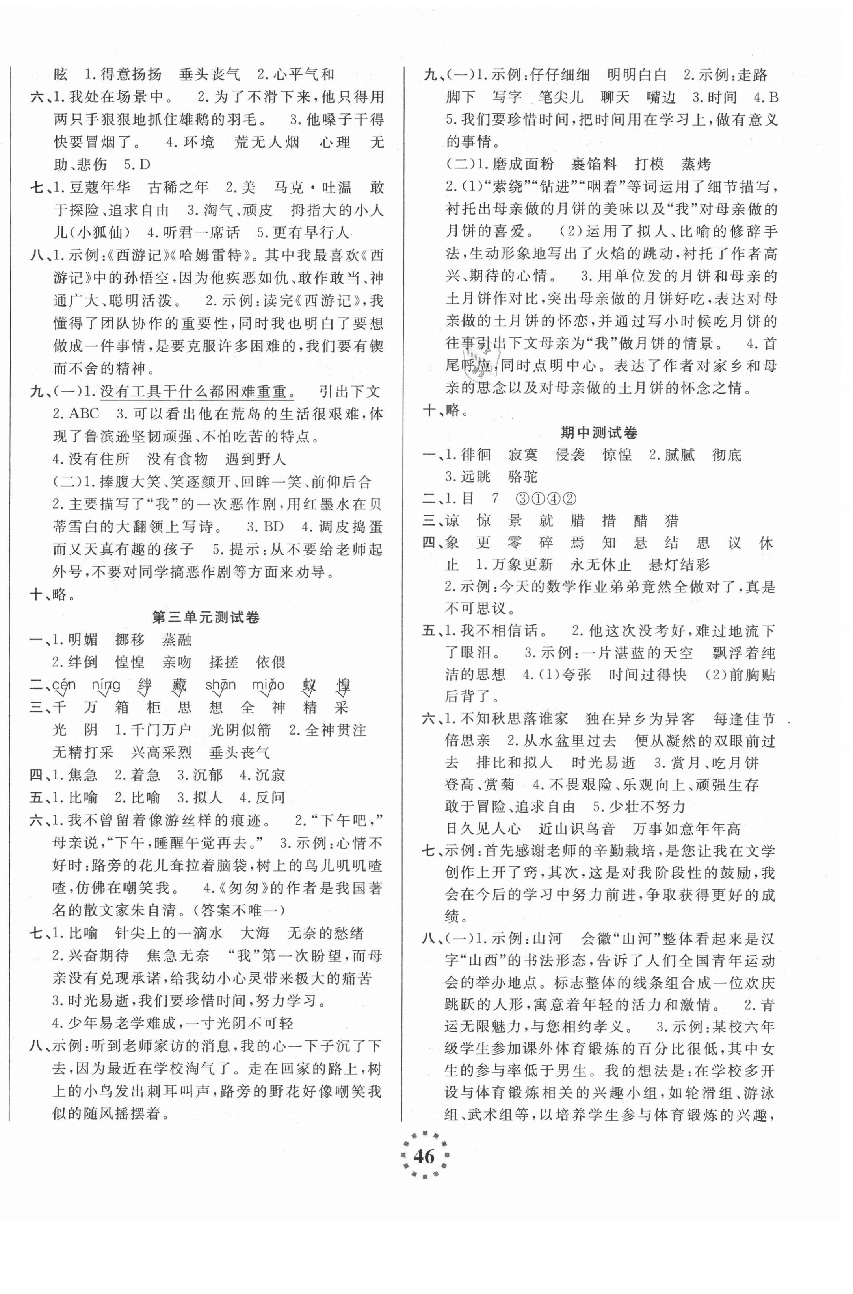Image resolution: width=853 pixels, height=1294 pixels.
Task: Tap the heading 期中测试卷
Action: pos(598,433)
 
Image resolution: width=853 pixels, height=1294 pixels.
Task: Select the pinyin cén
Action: pos(64,685)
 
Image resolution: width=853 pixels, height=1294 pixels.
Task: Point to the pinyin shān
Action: pos(220,685)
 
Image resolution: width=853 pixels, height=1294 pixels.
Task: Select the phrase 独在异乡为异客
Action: pos(640,719)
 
